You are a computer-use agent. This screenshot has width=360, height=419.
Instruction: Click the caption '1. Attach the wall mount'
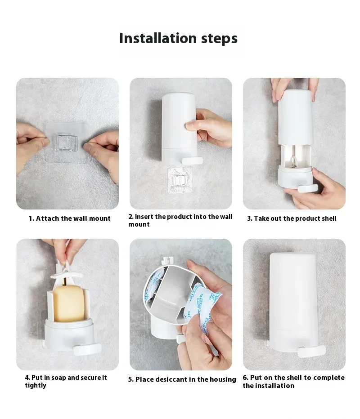point(70,218)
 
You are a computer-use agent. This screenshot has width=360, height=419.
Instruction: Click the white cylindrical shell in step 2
point(178,121)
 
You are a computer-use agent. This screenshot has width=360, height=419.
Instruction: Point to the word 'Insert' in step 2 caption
point(144,217)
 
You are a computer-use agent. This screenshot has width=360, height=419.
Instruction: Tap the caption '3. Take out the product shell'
point(292,218)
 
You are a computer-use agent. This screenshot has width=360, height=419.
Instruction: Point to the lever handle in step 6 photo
point(313,350)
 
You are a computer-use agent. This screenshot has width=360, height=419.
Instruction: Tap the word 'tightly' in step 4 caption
point(36,386)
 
